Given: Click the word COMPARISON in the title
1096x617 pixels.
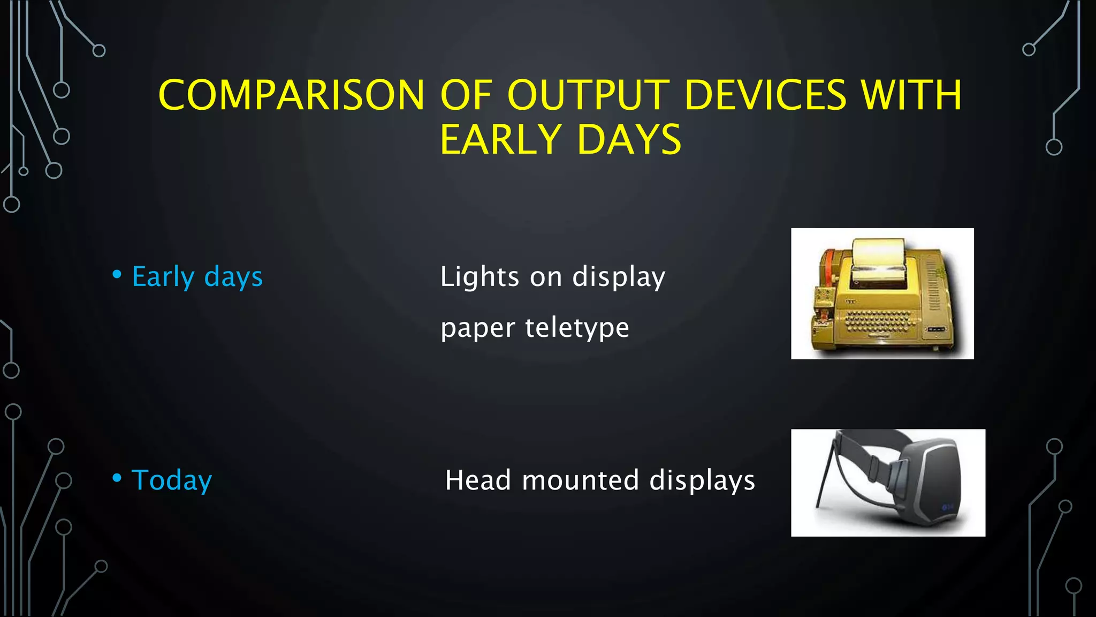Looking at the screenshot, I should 291,95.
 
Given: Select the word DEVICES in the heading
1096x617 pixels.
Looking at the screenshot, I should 765,95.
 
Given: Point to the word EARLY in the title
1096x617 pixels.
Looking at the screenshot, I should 501,140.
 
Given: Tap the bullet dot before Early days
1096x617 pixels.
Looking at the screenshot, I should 117,275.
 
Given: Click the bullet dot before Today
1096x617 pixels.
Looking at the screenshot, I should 117,478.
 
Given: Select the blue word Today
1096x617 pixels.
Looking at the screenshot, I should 172,480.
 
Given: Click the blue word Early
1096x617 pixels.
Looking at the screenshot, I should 163,277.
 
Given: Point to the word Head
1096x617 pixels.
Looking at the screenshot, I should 477,480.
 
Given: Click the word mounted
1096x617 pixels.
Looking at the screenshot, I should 580,480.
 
